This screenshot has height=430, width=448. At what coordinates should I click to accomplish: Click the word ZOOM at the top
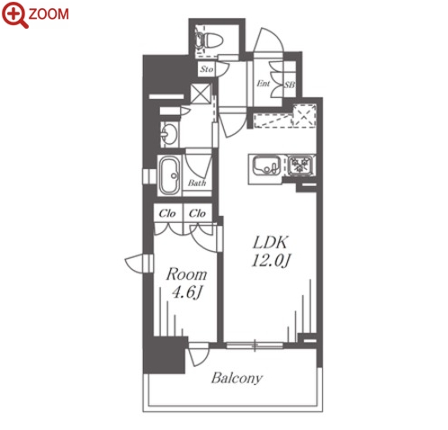pyautogui.click(x=49, y=14)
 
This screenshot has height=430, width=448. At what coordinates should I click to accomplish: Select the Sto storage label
pyautogui.click(x=207, y=69)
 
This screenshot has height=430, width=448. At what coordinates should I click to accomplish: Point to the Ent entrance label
pyautogui.click(x=263, y=84)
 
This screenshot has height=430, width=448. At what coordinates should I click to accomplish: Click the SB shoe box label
pyautogui.click(x=290, y=85)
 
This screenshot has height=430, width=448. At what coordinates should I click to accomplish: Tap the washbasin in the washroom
pyautogui.click(x=169, y=134)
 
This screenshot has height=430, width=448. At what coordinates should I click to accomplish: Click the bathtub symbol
pyautogui.click(x=170, y=175)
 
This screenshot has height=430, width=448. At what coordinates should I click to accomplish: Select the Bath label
pyautogui.click(x=197, y=183)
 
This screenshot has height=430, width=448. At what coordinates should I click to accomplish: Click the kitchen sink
pyautogui.click(x=266, y=166)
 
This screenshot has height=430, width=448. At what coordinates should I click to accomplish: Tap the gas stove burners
pyautogui.click(x=300, y=166)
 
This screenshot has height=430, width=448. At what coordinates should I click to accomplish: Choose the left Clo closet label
pyautogui.click(x=167, y=213)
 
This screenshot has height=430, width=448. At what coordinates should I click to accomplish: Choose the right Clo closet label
pyautogui.click(x=197, y=213)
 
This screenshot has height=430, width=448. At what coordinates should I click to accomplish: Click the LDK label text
pyautogui.click(x=270, y=243)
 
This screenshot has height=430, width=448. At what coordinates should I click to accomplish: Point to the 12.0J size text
pyautogui.click(x=271, y=261)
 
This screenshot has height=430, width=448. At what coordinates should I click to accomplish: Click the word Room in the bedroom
pyautogui.click(x=186, y=274)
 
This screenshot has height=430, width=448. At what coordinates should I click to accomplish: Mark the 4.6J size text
pyautogui.click(x=186, y=292)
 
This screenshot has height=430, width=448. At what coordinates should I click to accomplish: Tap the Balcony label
pyautogui.click(x=237, y=379)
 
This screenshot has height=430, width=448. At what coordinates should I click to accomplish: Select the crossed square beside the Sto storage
pyautogui.click(x=201, y=94)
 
